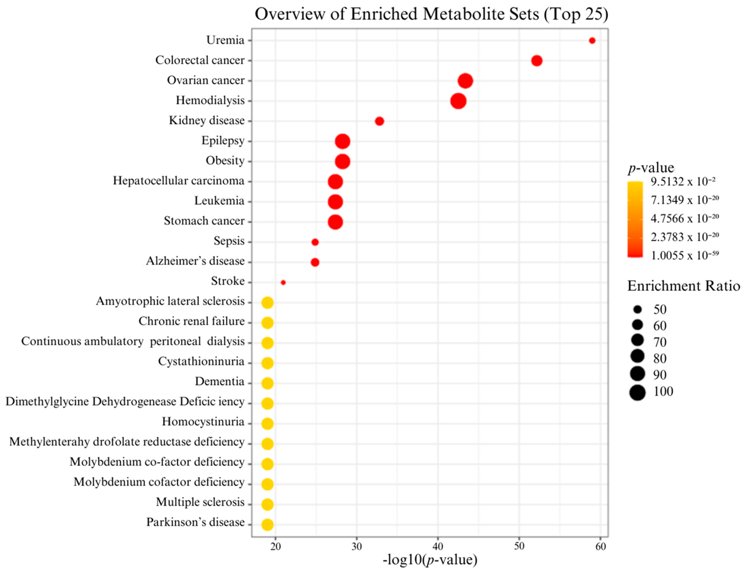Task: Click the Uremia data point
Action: (592, 41)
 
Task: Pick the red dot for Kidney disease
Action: (380, 121)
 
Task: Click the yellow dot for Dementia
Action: (268, 383)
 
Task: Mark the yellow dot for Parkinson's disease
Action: (268, 524)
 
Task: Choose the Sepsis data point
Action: (315, 242)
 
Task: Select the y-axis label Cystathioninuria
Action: (201, 362)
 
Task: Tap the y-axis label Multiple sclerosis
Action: (200, 502)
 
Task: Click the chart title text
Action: (431, 14)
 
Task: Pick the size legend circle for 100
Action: (638, 393)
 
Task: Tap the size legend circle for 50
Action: (638, 309)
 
